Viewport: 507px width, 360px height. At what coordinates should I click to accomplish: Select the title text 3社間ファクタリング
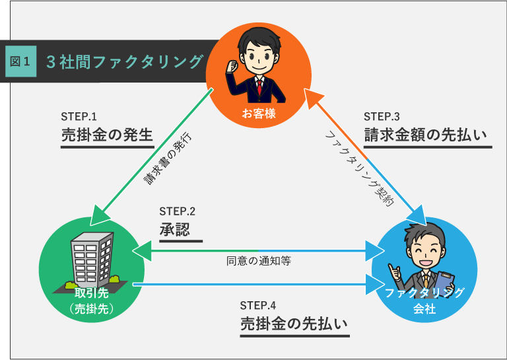coord(124,62)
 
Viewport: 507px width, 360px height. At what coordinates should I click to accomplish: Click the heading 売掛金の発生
coord(107,135)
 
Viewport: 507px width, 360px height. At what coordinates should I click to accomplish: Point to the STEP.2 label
coord(177,211)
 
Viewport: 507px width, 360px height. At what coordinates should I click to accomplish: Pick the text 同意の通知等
coord(259,260)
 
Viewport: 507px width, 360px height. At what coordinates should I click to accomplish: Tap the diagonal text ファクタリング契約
coord(359,168)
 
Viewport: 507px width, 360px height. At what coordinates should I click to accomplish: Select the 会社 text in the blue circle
coord(424,308)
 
